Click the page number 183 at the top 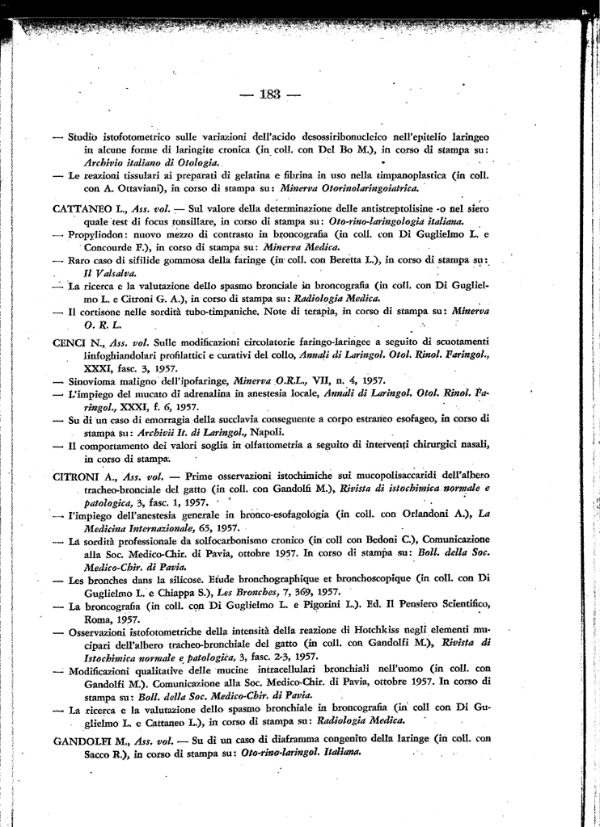[270, 95]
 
